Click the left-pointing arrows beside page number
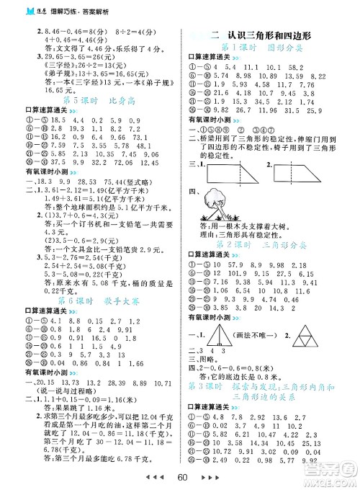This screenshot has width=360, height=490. (145, 478)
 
